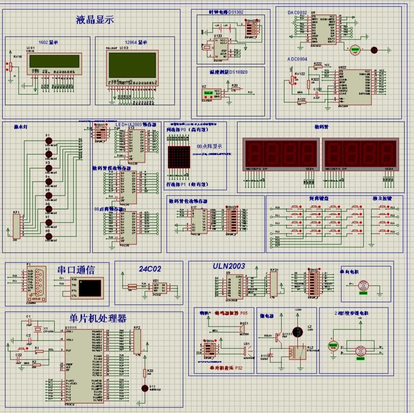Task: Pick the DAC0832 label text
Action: click(298, 13)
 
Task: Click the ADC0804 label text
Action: click(299, 59)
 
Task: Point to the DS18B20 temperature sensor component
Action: click(208, 93)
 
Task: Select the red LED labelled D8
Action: click(48, 236)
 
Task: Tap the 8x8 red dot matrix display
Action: click(177, 158)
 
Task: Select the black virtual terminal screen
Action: click(91, 288)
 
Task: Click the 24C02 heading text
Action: click(149, 269)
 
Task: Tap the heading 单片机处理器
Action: click(97, 318)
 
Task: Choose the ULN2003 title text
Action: click(229, 266)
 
